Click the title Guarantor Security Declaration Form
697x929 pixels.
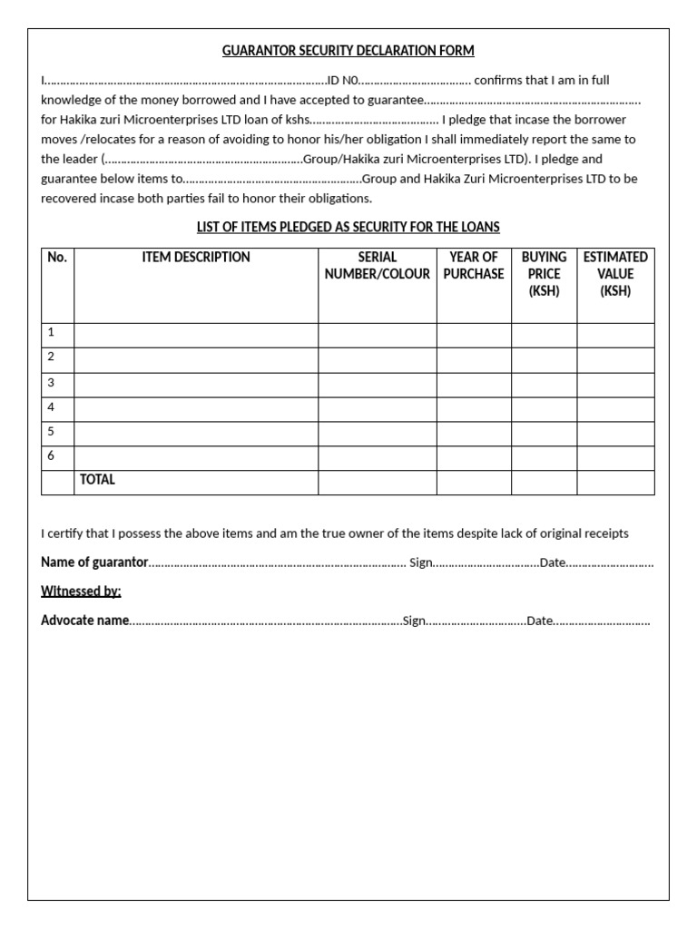(348, 51)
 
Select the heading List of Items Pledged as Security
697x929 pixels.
(348, 227)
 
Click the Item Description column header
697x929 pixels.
(196, 258)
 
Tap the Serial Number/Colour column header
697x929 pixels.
(378, 266)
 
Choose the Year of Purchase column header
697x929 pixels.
(474, 266)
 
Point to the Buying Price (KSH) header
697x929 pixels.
(544, 274)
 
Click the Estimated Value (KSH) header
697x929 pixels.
(615, 274)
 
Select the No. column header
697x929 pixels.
(57, 258)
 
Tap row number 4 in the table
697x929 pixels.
(52, 407)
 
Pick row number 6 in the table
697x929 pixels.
(52, 456)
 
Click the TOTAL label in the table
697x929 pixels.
(98, 480)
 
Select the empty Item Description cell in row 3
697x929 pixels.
(196, 385)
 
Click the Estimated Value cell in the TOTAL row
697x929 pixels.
(615, 482)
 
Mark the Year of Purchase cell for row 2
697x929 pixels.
(474, 359)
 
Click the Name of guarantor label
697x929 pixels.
(94, 562)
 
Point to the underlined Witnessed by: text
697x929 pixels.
(81, 592)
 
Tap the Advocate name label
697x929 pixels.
(85, 621)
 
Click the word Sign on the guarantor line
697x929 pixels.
(421, 562)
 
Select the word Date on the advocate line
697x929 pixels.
(540, 621)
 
